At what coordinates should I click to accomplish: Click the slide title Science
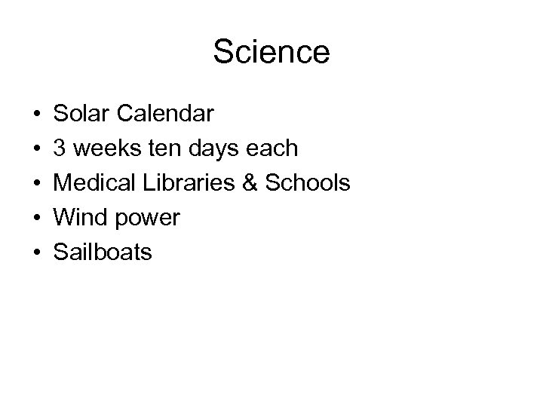tap(271, 53)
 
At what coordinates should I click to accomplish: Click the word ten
tap(156, 149)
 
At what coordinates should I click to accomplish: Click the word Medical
tap(94, 184)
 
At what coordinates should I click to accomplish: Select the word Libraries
tap(186, 184)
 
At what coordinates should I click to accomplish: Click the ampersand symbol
tap(251, 184)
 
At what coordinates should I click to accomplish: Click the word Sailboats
tap(103, 252)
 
